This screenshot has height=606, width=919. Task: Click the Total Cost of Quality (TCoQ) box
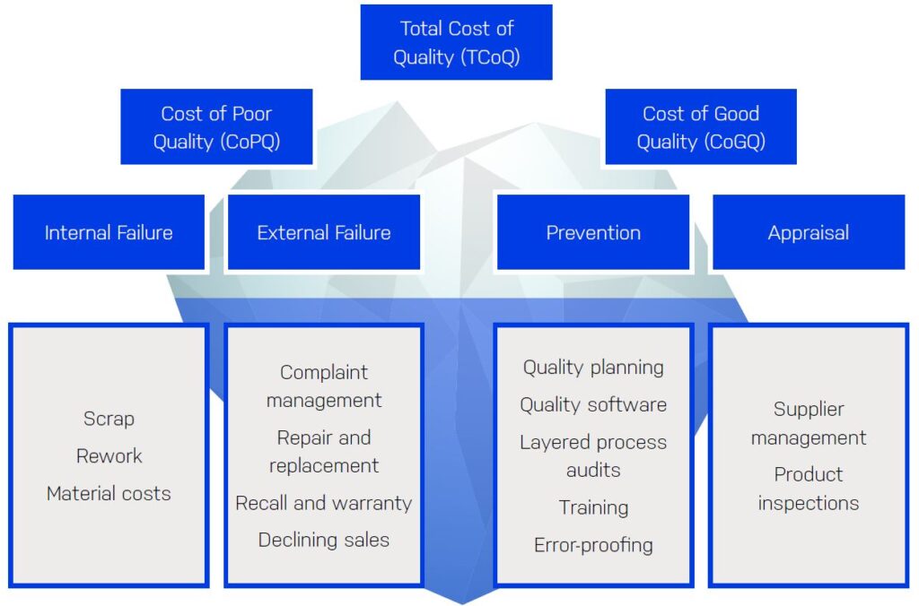pos(456,42)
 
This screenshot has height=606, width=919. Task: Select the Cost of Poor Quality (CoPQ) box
pos(216,126)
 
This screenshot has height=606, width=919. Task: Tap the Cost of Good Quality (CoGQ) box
pos(700,126)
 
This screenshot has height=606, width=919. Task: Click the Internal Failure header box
pos(109,232)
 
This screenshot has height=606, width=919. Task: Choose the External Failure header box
pos(323,232)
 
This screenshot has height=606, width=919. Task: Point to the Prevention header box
pos(593,232)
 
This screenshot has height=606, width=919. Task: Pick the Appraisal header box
pos(809,232)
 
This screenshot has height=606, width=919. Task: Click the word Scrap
pos(109,419)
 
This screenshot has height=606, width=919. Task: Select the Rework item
pos(109,455)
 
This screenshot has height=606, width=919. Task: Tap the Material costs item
pos(109,493)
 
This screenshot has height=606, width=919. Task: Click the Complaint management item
pos(323,385)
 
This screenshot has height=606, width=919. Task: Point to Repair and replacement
pos(323,452)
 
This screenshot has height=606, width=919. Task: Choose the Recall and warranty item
pos(323,503)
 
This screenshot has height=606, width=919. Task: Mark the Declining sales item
pos(323,540)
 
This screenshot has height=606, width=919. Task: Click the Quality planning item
pos(593,368)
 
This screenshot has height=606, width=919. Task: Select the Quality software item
pos(593,404)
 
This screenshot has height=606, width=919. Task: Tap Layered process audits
pos(593,456)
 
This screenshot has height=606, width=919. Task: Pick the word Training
pos(593,507)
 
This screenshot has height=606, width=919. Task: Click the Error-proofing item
pos(593,544)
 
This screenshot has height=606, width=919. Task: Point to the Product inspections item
pos(809,489)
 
